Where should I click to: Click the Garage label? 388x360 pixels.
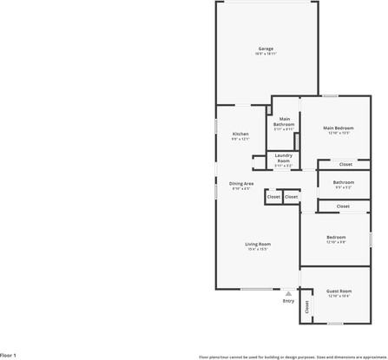[266, 48]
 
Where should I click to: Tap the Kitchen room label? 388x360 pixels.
[240, 134]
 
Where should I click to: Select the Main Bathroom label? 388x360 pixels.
[284, 122]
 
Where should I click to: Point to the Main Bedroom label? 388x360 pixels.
[339, 128]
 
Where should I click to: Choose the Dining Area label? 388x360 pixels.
[241, 183]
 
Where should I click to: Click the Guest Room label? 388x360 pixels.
[339, 291]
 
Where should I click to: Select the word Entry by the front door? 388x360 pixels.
[288, 301]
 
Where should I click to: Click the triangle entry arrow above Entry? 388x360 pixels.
[288, 293]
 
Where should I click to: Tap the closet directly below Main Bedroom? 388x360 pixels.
[345, 164]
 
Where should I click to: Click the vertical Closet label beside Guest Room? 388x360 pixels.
[306, 306]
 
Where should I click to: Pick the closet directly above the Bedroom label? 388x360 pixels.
[343, 206]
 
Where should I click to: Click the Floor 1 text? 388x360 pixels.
[9, 355]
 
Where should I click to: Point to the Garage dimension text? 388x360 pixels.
[266, 54]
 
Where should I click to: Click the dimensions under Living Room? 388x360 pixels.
[258, 250]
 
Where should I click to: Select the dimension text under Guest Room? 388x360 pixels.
[339, 297]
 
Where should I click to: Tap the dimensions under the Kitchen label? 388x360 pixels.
[240, 139]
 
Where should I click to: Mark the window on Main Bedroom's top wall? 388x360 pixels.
[330, 95]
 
